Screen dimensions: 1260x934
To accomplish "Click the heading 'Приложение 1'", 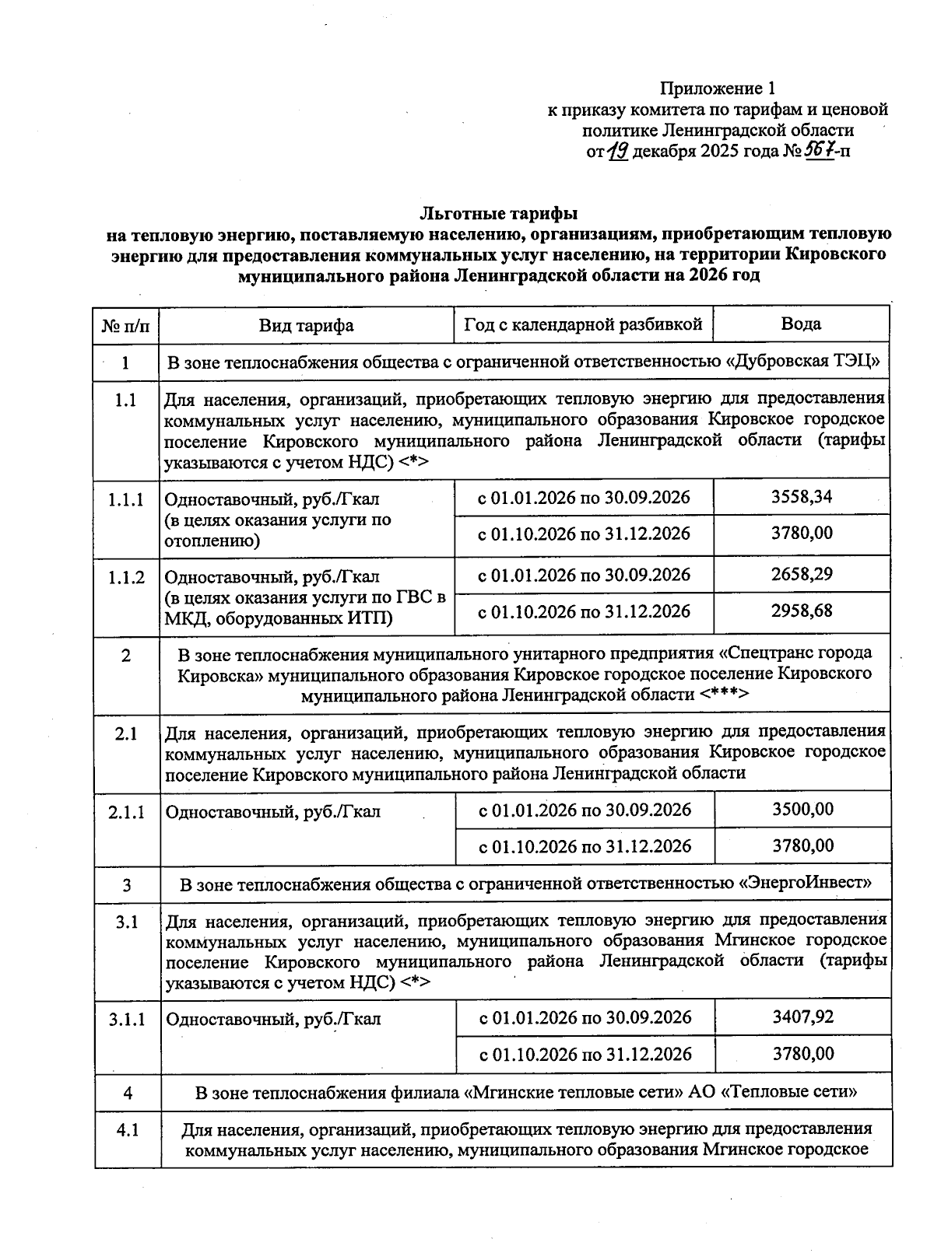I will (718, 88).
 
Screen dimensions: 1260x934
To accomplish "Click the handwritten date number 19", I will (618, 150).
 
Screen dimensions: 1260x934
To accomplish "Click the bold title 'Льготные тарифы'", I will (499, 212).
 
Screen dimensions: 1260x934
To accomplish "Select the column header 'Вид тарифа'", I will (306, 325).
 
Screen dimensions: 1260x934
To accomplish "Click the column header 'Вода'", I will (801, 324).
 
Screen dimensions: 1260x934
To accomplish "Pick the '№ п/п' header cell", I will (125, 325).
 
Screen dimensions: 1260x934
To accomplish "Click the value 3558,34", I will (802, 496).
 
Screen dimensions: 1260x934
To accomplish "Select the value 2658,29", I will (802, 574).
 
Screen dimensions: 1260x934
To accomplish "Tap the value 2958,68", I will (802, 611).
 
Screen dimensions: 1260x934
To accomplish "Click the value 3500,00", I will (802, 809).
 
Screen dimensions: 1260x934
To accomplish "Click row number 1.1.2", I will (126, 577).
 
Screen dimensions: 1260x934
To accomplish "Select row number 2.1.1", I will (127, 812).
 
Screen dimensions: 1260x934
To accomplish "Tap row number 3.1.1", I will (127, 1019).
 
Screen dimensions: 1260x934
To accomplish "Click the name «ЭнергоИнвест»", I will (804, 884).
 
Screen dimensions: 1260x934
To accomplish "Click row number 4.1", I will (128, 1129).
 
